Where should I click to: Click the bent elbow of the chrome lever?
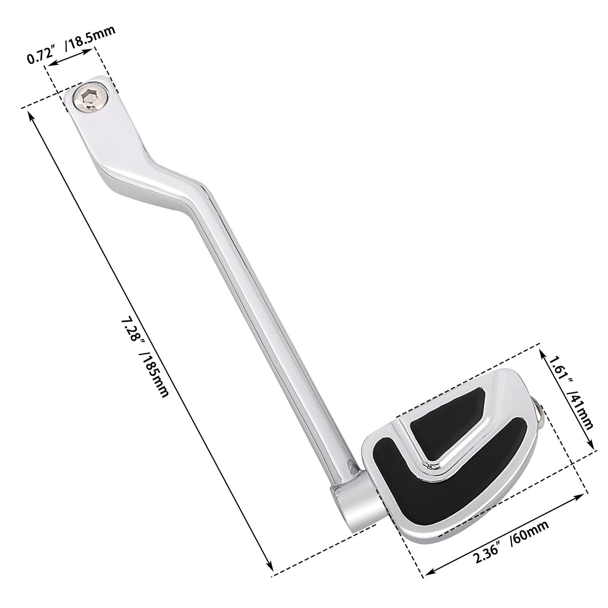(160, 167)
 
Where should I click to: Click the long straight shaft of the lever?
(266, 342)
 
